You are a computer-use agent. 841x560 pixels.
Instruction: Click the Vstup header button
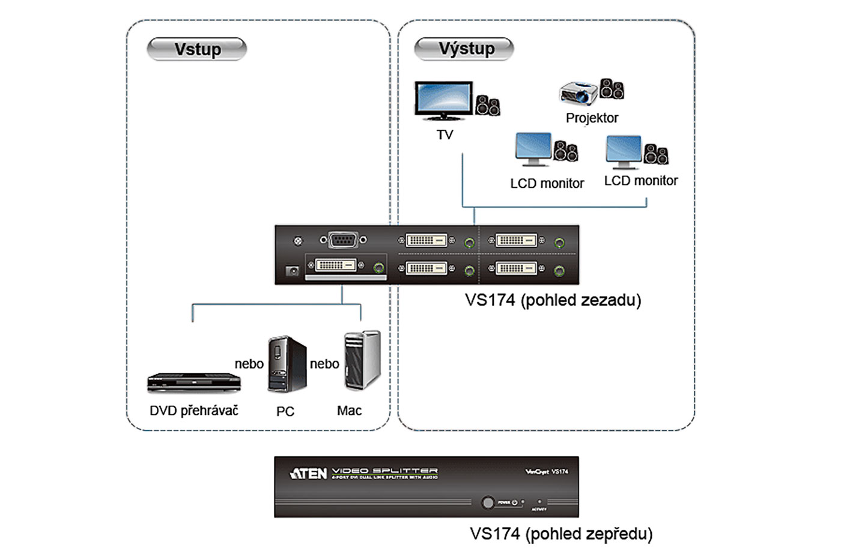point(197,49)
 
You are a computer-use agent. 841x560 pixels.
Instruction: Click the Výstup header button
point(464,49)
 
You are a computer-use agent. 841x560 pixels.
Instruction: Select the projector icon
point(578,92)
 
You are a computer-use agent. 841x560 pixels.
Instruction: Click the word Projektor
point(592,118)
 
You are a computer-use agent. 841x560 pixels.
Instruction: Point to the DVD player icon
point(194,382)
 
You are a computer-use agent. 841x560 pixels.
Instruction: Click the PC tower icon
point(287,364)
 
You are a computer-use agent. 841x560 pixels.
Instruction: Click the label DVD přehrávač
point(194,411)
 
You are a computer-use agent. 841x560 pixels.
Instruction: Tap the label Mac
point(349,411)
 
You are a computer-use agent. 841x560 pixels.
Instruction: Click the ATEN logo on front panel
point(309,474)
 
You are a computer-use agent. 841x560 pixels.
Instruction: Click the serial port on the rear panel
point(343,241)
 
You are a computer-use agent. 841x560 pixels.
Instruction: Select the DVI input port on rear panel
point(336,265)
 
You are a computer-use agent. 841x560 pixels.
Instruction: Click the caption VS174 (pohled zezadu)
point(553,300)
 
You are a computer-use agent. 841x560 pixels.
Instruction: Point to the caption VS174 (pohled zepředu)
point(561,534)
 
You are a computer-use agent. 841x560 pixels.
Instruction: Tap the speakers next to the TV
point(488,106)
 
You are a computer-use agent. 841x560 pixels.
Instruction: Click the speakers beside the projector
point(612,89)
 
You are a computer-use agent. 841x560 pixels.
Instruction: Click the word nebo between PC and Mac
point(324,364)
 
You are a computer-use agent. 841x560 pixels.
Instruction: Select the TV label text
point(445,135)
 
